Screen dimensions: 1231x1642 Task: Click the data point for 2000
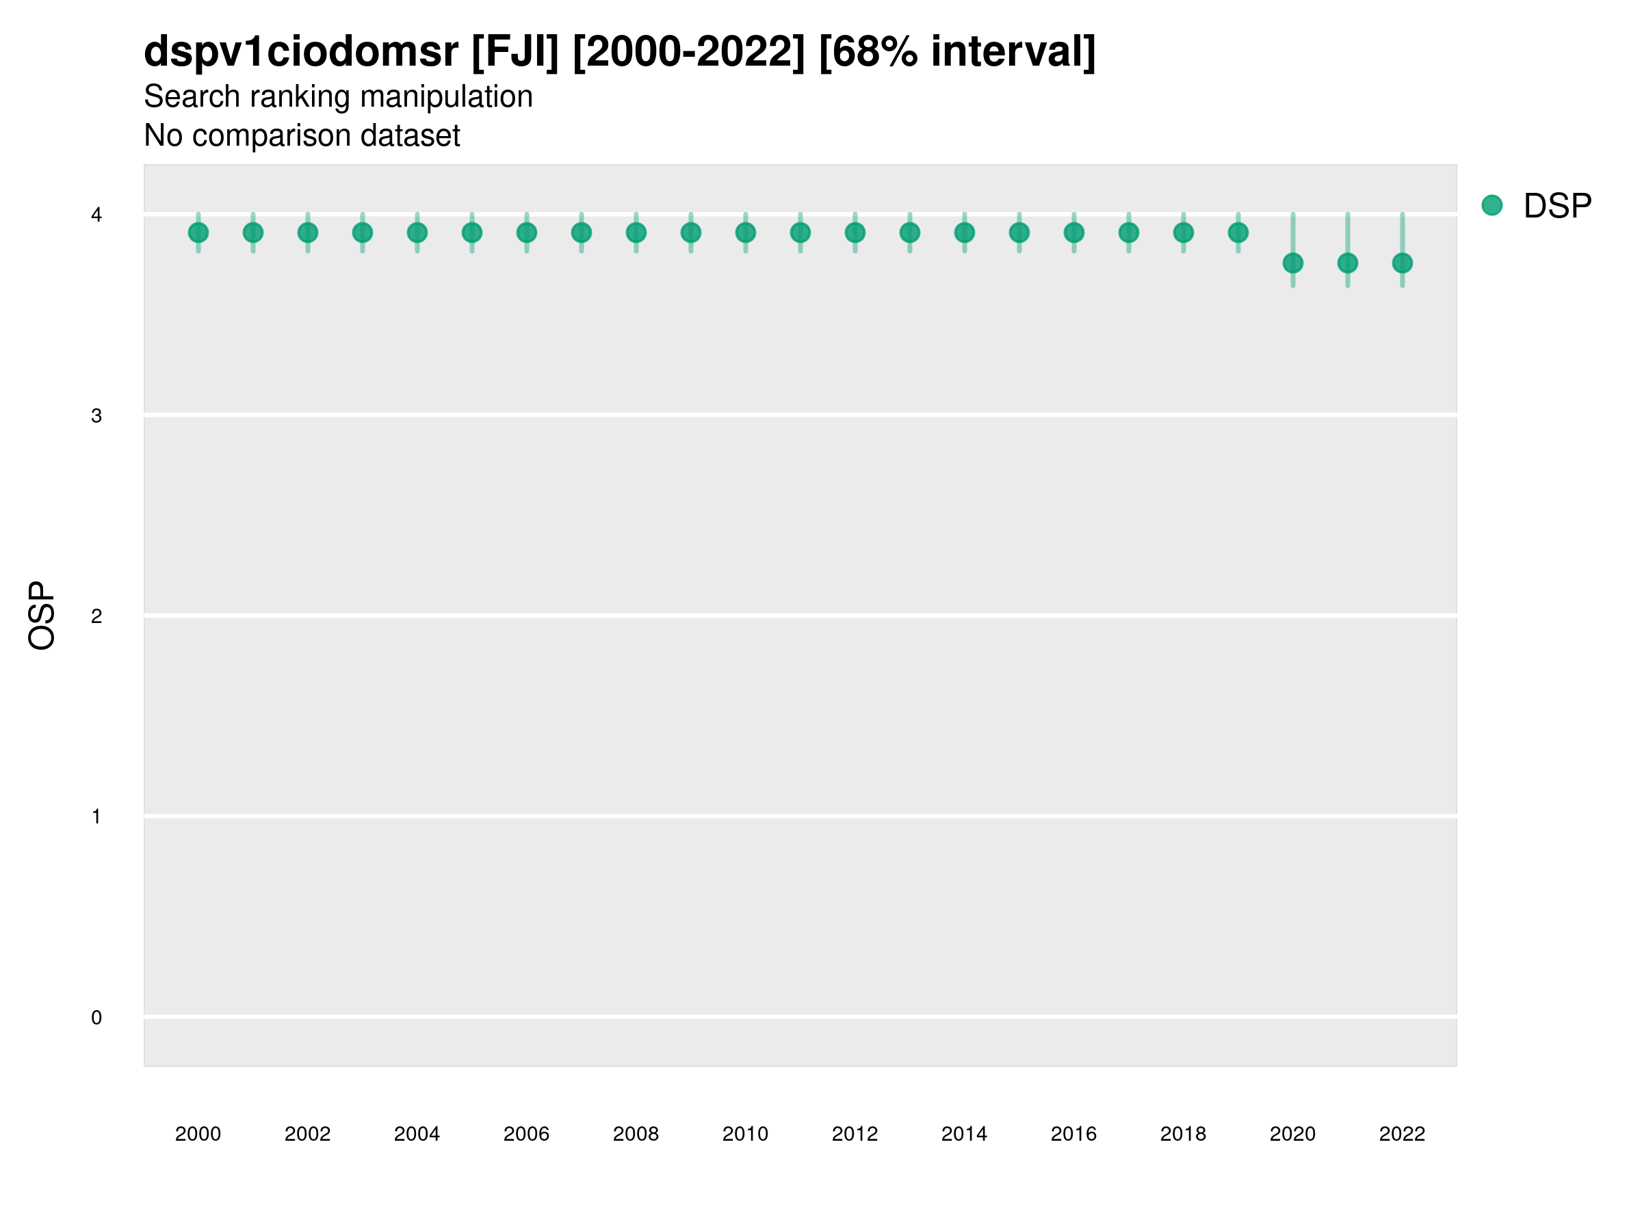pyautogui.click(x=198, y=233)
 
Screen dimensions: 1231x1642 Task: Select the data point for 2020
pyautogui.click(x=1292, y=263)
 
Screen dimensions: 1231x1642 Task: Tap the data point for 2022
pyautogui.click(x=1403, y=263)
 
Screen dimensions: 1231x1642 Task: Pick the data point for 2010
pyautogui.click(x=745, y=233)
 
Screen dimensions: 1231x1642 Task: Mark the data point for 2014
pyautogui.click(x=964, y=233)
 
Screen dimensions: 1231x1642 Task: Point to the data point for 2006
pyautogui.click(x=526, y=233)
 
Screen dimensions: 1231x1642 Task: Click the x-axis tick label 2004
pyautogui.click(x=417, y=1134)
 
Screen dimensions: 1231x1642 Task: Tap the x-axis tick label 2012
pyautogui.click(x=855, y=1134)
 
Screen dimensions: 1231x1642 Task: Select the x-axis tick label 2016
pyautogui.click(x=1073, y=1134)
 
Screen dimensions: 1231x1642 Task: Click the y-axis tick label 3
pyautogui.click(x=96, y=416)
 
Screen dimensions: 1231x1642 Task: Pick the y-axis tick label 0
pyautogui.click(x=96, y=1018)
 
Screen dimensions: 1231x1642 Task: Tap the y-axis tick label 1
pyautogui.click(x=96, y=817)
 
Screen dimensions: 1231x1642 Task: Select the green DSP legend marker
pyautogui.click(x=1491, y=206)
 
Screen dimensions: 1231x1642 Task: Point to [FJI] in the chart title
pyautogui.click(x=514, y=52)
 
